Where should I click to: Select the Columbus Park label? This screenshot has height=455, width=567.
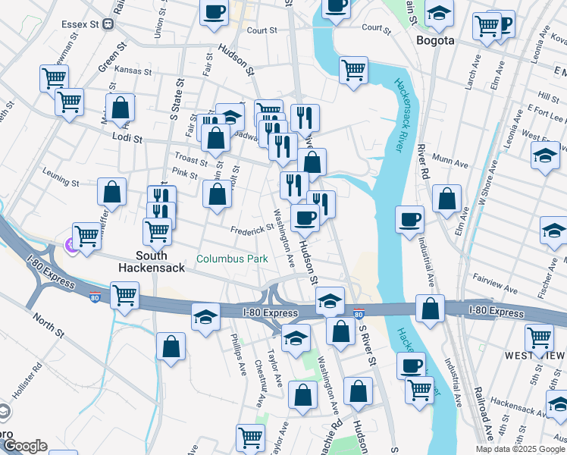(232, 259)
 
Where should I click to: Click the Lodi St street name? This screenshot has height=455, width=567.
(127, 139)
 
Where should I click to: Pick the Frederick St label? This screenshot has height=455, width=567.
(252, 228)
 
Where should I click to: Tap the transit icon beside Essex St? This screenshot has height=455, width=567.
(108, 24)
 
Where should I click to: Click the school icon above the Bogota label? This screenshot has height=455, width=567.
(438, 13)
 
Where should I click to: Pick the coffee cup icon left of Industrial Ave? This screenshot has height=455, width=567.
(409, 219)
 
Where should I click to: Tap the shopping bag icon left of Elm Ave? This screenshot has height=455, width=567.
(447, 199)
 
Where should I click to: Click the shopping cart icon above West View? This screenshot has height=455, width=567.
(539, 336)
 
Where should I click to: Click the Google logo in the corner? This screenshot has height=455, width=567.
(24, 446)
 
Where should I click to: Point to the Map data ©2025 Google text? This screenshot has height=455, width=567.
(519, 449)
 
